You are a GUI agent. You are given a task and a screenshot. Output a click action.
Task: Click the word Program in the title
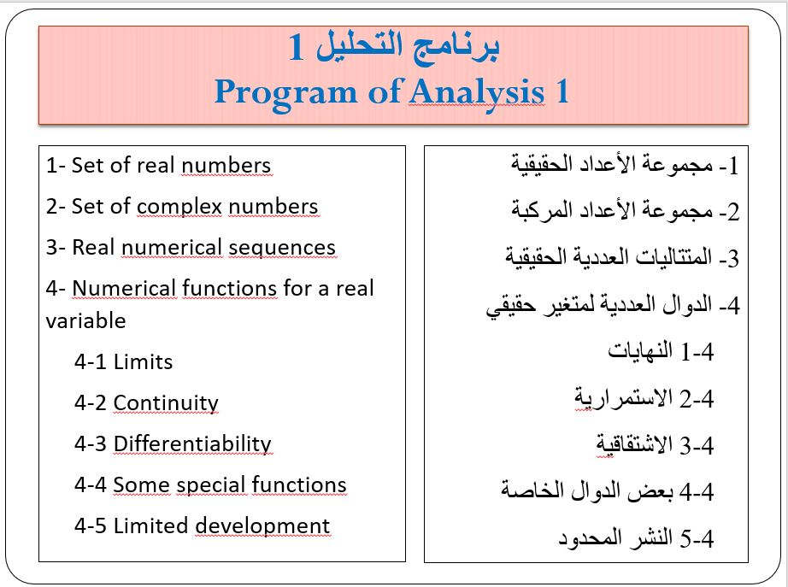(x=285, y=93)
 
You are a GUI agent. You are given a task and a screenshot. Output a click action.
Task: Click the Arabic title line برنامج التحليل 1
(x=394, y=47)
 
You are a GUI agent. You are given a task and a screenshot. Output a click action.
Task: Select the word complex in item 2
(x=179, y=207)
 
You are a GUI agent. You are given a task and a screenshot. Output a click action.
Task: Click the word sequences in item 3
(x=282, y=247)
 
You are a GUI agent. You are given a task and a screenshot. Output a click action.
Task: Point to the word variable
(x=85, y=320)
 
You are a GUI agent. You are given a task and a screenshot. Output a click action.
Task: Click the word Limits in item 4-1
(x=143, y=361)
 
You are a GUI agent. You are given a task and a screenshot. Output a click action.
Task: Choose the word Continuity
(x=166, y=403)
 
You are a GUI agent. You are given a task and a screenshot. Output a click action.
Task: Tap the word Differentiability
(x=192, y=444)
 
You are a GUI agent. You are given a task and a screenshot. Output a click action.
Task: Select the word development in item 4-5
(x=262, y=526)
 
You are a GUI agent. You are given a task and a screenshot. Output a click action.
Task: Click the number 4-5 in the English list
(x=91, y=526)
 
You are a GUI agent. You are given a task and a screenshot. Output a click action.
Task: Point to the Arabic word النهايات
(x=640, y=351)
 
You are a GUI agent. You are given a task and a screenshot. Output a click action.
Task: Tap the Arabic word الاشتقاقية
(x=634, y=445)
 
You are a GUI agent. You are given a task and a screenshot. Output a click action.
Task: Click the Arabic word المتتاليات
(x=674, y=257)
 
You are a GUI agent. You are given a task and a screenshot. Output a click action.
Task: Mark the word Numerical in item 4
(x=124, y=289)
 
